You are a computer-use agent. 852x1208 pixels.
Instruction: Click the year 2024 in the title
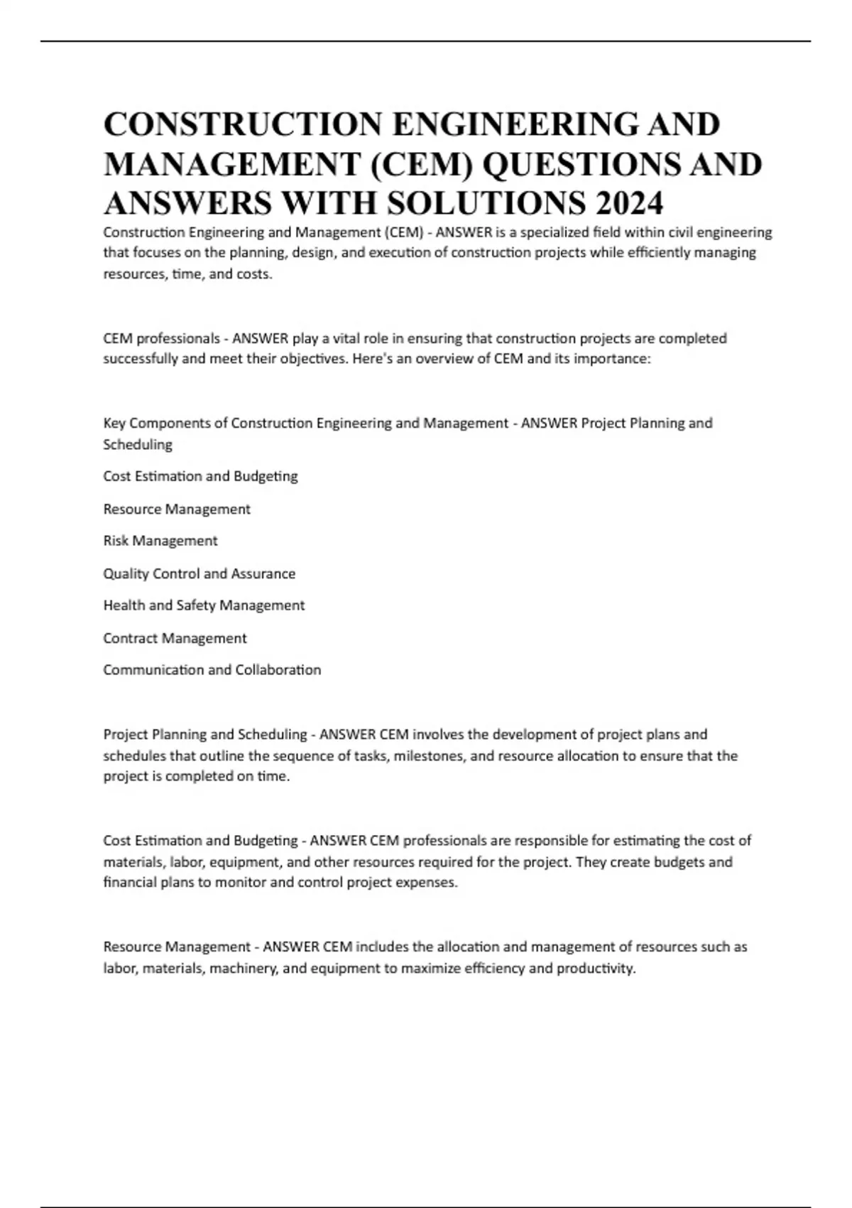coord(630,203)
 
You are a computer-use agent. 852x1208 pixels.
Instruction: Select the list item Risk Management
coord(160,541)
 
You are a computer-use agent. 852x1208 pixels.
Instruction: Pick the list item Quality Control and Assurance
coord(200,573)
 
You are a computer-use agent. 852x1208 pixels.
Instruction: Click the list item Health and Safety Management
coord(204,605)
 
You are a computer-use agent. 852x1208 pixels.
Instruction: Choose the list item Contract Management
coord(175,638)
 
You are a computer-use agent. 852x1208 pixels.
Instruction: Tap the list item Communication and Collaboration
coord(212,670)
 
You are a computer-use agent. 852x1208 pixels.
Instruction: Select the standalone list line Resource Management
coord(177,509)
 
